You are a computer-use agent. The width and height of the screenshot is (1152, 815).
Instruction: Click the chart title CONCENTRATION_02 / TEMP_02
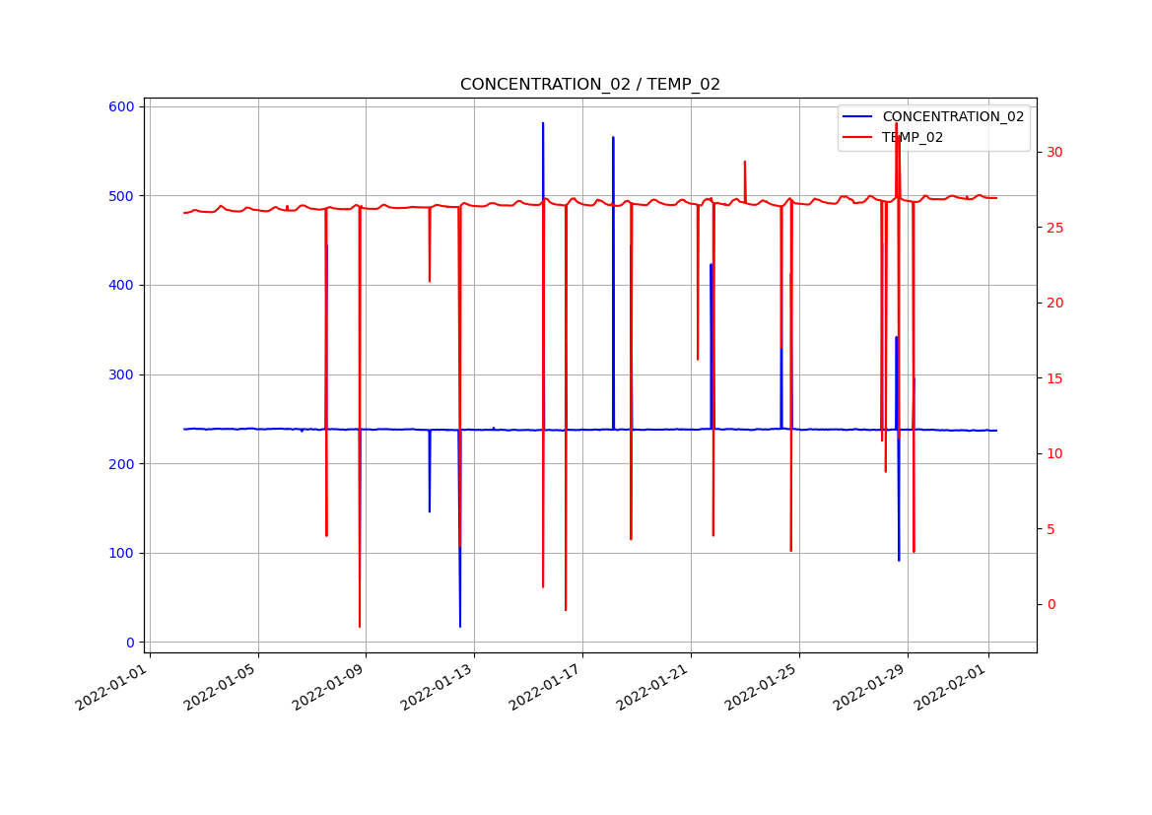[589, 85]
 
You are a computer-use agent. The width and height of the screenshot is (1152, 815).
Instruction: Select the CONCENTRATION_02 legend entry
[952, 116]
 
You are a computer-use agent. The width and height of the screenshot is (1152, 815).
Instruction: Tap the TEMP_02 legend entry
[912, 137]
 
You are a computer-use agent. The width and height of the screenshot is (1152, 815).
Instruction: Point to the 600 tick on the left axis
[124, 106]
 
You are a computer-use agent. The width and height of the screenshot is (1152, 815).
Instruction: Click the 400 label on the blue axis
[124, 285]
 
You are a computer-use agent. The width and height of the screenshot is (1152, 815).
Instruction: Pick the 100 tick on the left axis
[124, 553]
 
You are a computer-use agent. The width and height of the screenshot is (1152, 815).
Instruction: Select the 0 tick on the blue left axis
[131, 643]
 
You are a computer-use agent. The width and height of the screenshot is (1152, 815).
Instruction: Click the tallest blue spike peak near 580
[543, 123]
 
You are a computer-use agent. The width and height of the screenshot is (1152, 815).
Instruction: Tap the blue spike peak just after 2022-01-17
[613, 138]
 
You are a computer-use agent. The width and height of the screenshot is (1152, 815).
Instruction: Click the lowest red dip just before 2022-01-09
[360, 626]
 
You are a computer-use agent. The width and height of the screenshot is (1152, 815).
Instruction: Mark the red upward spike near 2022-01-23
[745, 162]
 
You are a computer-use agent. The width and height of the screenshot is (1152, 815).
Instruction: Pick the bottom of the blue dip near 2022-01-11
[430, 511]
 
